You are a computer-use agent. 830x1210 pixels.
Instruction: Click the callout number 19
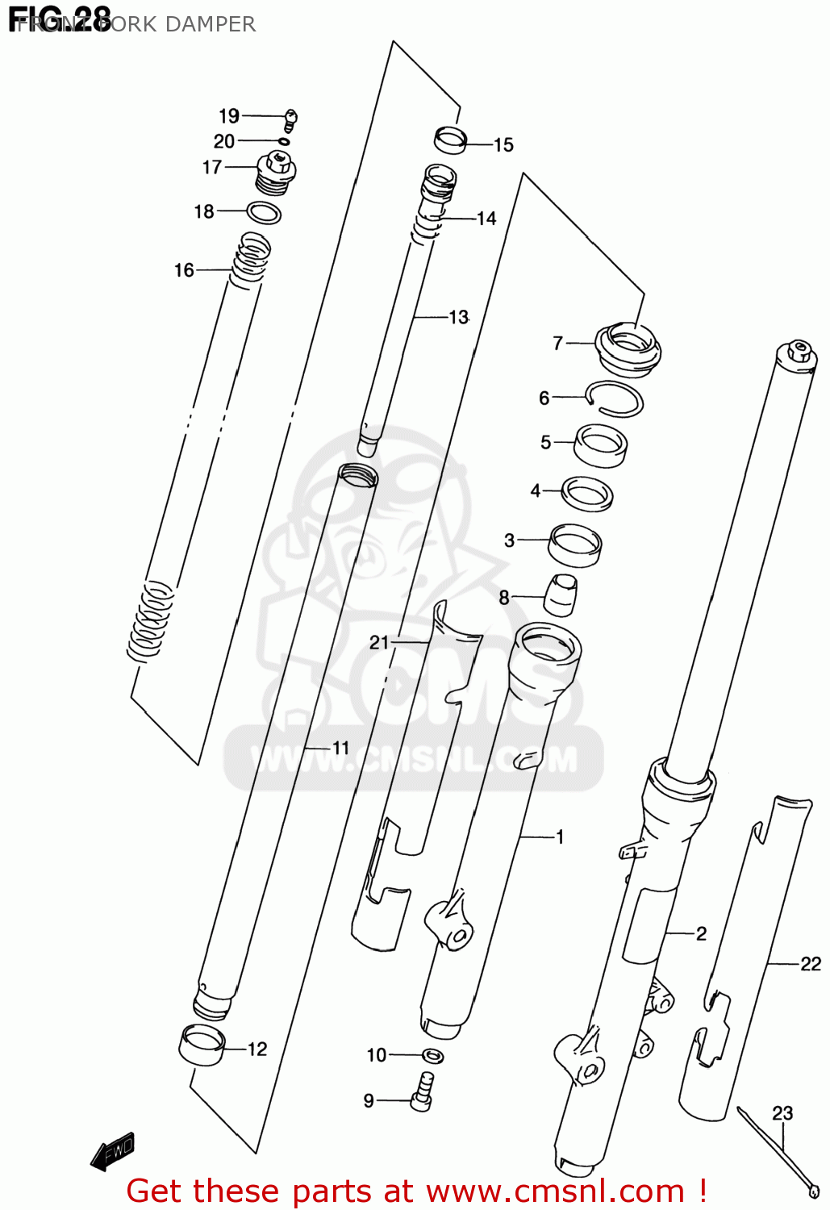point(229,116)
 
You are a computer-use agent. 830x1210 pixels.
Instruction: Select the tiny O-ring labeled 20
point(284,142)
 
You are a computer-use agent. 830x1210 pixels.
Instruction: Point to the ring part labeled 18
point(264,213)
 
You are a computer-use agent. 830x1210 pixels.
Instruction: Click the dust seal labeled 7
point(628,348)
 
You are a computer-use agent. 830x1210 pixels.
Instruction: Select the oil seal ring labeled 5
point(601,445)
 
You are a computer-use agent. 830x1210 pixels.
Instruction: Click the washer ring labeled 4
point(587,493)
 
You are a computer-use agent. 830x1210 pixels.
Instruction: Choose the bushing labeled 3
point(575,544)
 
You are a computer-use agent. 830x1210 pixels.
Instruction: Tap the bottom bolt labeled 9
point(422,1093)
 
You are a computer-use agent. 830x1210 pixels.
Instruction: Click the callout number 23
point(782,1113)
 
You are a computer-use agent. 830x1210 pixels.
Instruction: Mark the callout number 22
point(810,963)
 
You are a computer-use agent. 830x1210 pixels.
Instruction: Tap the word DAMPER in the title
point(210,24)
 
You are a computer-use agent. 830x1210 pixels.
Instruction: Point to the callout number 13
point(458,317)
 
